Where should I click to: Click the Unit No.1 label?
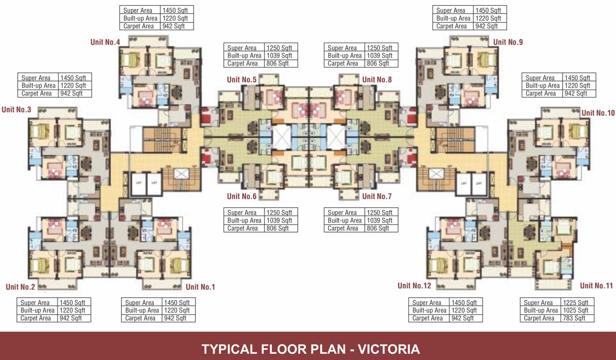click(x=200, y=287)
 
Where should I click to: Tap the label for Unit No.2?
click(x=21, y=287)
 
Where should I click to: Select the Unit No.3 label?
click(x=16, y=110)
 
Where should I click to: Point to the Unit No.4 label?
click(x=105, y=42)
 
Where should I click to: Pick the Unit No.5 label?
click(x=241, y=80)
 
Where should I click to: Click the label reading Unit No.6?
click(x=241, y=196)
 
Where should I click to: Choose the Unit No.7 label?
click(x=376, y=196)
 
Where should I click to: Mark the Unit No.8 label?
click(x=376, y=80)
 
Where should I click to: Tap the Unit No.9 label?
click(x=508, y=42)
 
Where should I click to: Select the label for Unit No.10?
click(x=598, y=113)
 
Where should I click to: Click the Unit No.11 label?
click(x=596, y=285)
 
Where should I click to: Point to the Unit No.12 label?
click(x=414, y=285)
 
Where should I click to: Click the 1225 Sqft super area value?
click(x=576, y=303)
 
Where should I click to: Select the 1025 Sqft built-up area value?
click(x=576, y=310)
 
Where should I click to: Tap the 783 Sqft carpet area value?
click(x=574, y=318)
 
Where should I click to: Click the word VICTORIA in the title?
click(x=389, y=349)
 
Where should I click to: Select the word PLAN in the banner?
click(x=327, y=349)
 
